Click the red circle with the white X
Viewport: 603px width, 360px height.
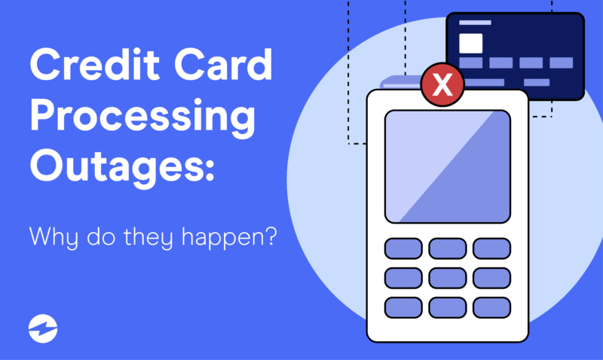coord(443,85)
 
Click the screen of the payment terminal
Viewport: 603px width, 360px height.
coord(447,166)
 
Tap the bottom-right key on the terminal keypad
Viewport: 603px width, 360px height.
coord(491,307)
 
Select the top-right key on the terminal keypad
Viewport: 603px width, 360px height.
coord(491,249)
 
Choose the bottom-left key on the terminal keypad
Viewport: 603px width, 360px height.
coord(403,307)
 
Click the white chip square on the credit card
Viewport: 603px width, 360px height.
coord(471,43)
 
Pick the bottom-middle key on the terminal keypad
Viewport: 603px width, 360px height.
coord(447,307)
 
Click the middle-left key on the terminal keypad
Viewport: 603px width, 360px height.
coord(403,278)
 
